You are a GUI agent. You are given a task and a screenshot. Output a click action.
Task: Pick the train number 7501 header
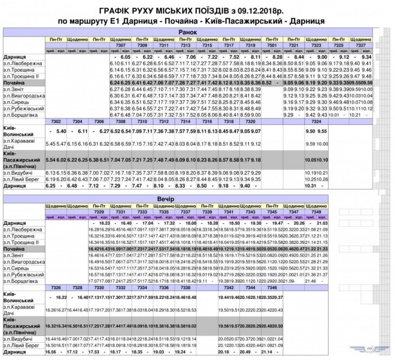(x=272, y=45)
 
